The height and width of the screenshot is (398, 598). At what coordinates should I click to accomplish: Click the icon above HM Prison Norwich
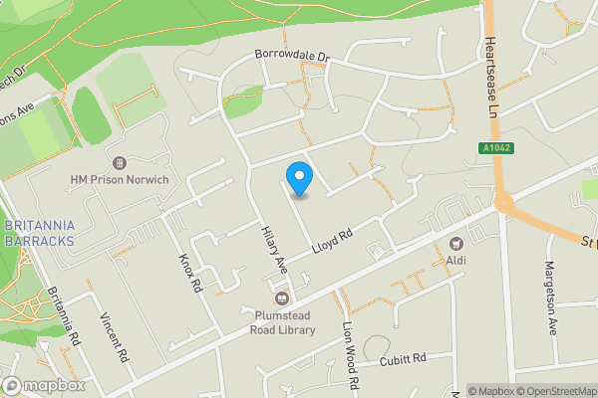point(120,162)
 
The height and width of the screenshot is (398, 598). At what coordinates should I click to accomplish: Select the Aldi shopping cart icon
point(457,243)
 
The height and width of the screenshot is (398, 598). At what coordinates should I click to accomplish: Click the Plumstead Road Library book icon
point(281,298)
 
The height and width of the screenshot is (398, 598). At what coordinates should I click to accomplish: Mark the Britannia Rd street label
point(63,319)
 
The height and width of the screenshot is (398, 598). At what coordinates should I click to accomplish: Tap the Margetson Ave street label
point(549,298)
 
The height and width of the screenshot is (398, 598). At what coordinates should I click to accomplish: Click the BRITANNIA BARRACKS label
point(40,234)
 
